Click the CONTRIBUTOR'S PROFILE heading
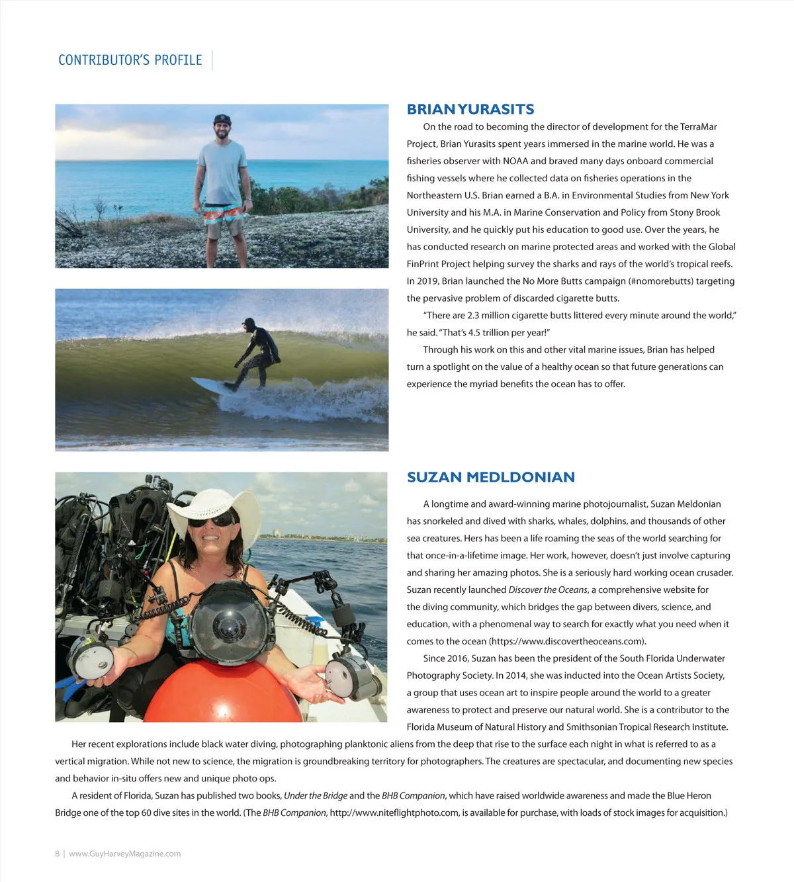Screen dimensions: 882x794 (x=130, y=60)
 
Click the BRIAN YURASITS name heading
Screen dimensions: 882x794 (x=470, y=109)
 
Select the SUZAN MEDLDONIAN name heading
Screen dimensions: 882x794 (x=491, y=477)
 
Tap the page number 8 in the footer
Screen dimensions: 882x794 (x=57, y=854)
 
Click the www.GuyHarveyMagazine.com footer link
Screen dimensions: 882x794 (x=124, y=854)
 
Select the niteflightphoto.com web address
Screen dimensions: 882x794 (x=394, y=813)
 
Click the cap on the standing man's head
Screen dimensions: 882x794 (x=222, y=119)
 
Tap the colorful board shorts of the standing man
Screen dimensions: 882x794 (x=224, y=215)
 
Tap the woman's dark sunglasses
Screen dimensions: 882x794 (x=211, y=521)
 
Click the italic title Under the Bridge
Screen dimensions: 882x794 (x=315, y=795)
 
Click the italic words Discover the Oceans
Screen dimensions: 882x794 (x=548, y=590)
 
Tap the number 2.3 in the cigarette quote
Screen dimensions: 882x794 (x=474, y=316)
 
